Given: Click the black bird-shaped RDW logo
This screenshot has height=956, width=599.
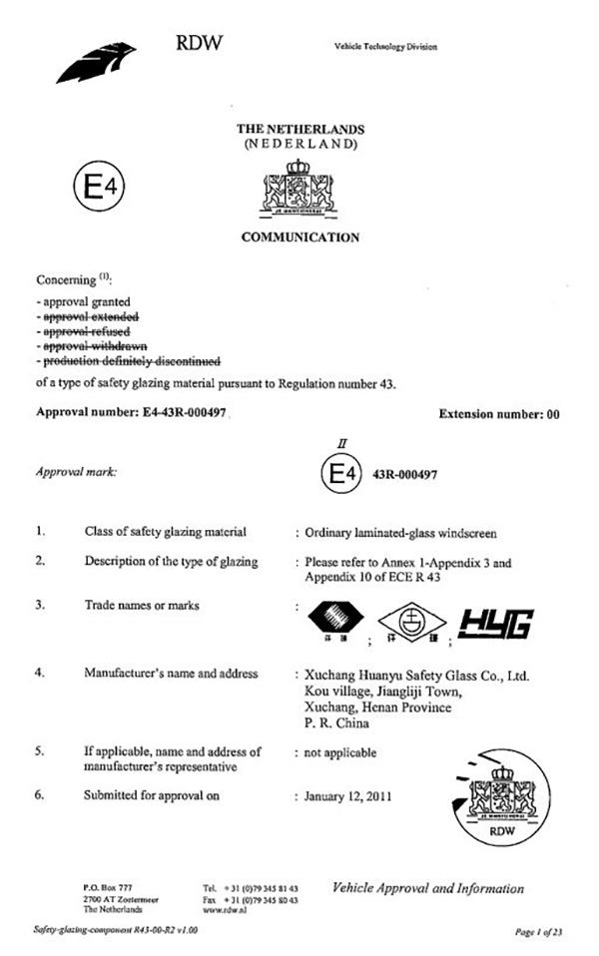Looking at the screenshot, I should (95, 61).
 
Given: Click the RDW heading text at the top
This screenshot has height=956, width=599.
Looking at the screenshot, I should (199, 43).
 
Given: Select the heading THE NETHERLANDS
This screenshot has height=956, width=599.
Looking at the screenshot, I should (299, 130).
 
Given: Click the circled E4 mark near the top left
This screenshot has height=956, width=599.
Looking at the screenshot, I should (98, 187).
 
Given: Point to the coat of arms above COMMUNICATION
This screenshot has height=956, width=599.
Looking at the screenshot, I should (299, 189).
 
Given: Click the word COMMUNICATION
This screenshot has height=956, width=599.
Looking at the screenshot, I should (299, 238).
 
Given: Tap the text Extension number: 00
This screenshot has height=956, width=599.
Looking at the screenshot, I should (499, 414).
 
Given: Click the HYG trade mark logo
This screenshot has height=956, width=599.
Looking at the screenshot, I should (495, 623).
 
